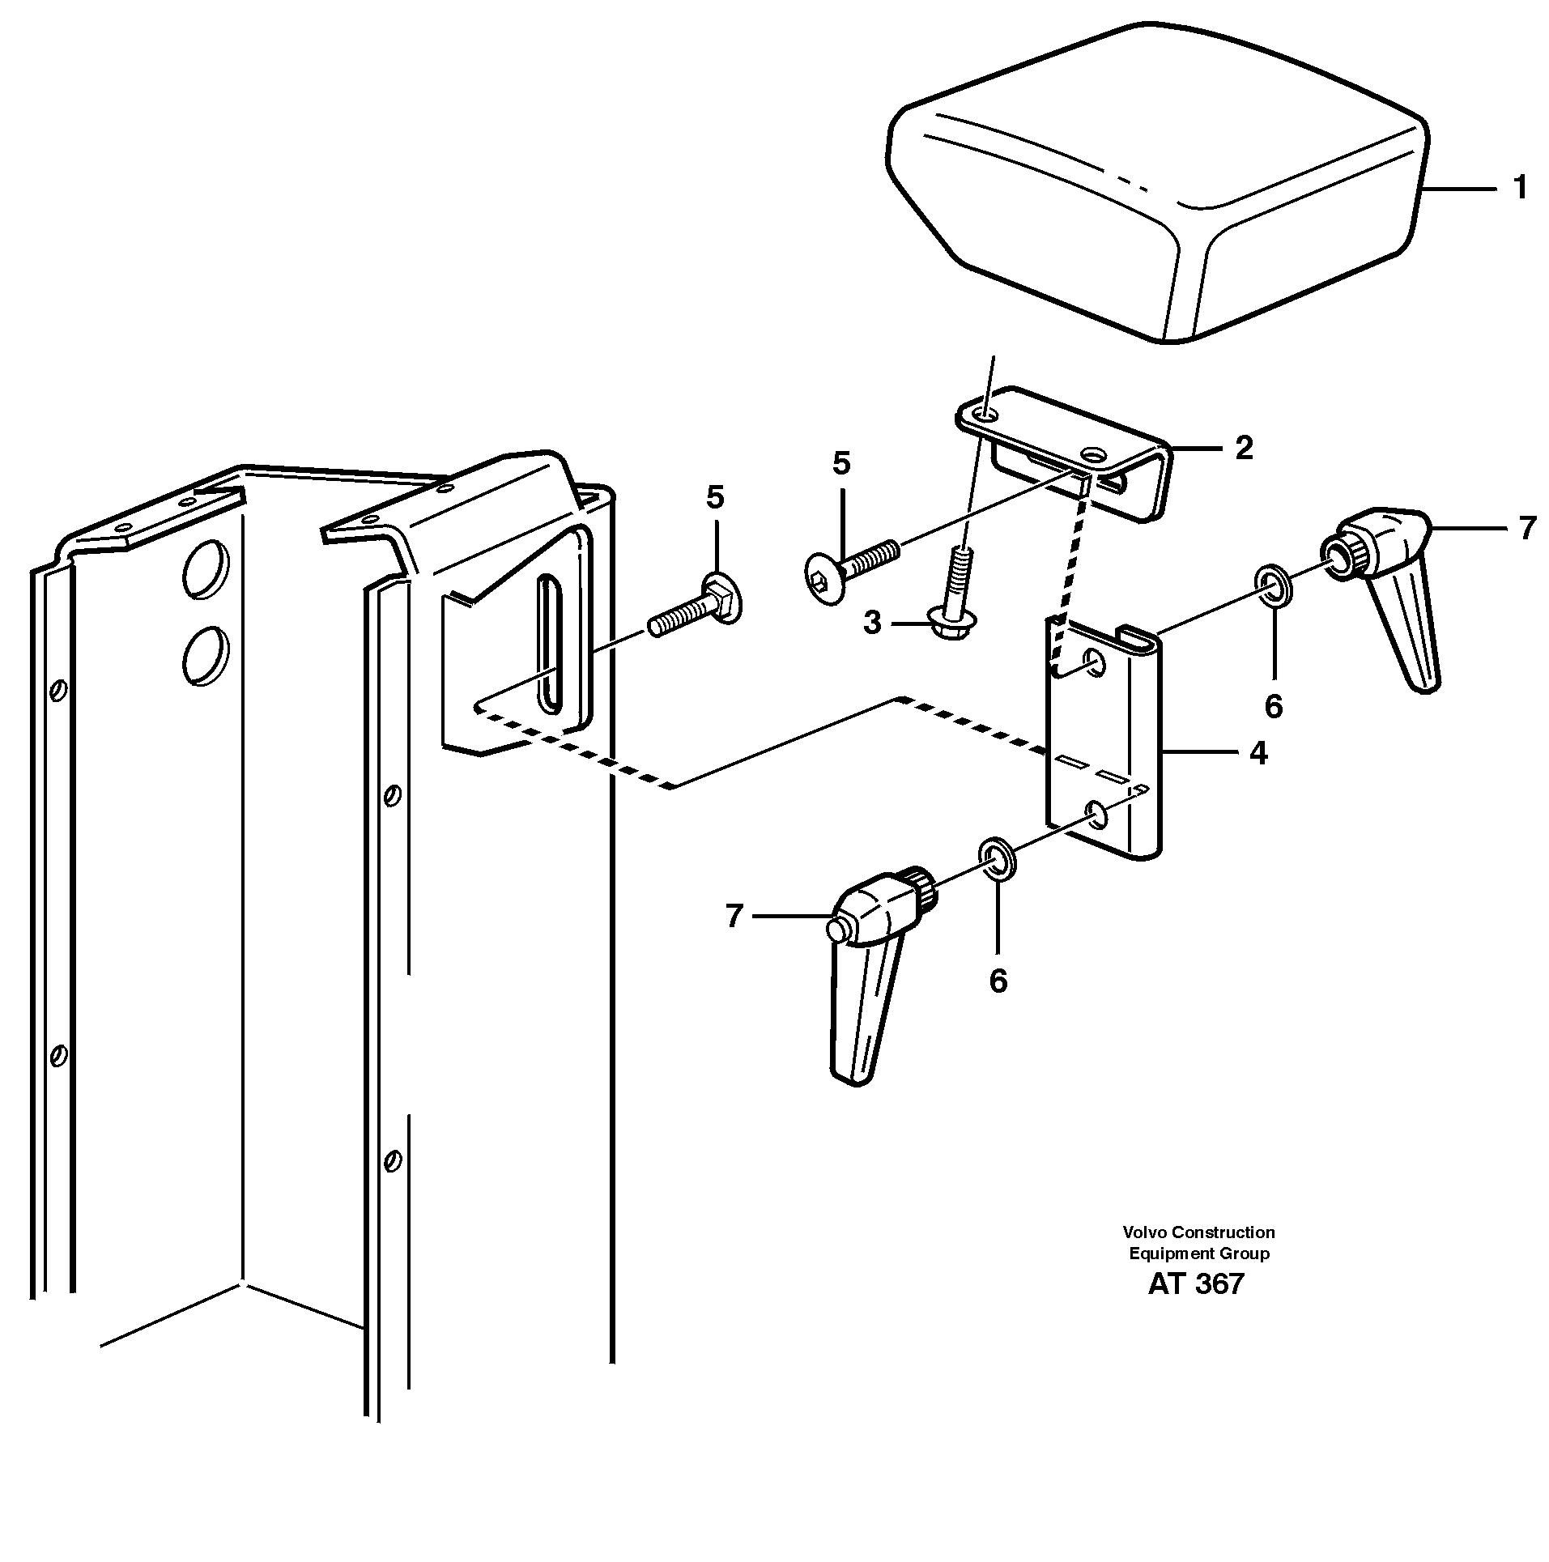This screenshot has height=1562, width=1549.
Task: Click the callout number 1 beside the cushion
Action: coord(1519,188)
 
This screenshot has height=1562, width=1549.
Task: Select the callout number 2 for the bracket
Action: coord(1244,447)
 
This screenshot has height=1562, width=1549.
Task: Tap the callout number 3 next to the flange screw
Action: coord(872,624)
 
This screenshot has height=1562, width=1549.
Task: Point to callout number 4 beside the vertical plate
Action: coord(1257,753)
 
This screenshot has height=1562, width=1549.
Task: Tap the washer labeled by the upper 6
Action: coord(1274,586)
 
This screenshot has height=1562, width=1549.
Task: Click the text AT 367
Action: coord(1195,1283)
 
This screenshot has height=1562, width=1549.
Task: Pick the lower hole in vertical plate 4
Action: coord(1096,815)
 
